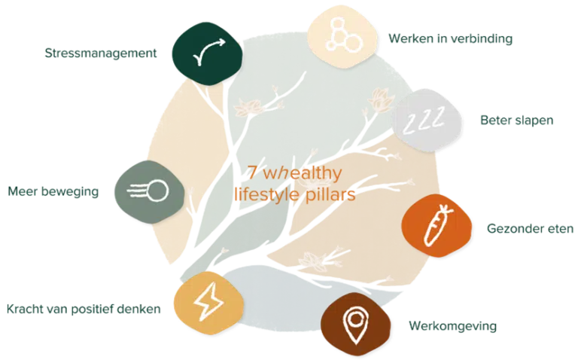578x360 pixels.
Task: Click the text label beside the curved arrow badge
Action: (x=102, y=54)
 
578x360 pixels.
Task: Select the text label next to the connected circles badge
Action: (x=452, y=38)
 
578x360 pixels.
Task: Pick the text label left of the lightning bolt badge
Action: (x=84, y=309)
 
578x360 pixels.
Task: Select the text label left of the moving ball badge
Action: (x=54, y=192)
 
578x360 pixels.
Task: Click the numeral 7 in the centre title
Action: (x=253, y=173)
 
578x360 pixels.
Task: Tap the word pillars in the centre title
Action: (x=329, y=194)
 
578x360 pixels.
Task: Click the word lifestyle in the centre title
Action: (x=267, y=194)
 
